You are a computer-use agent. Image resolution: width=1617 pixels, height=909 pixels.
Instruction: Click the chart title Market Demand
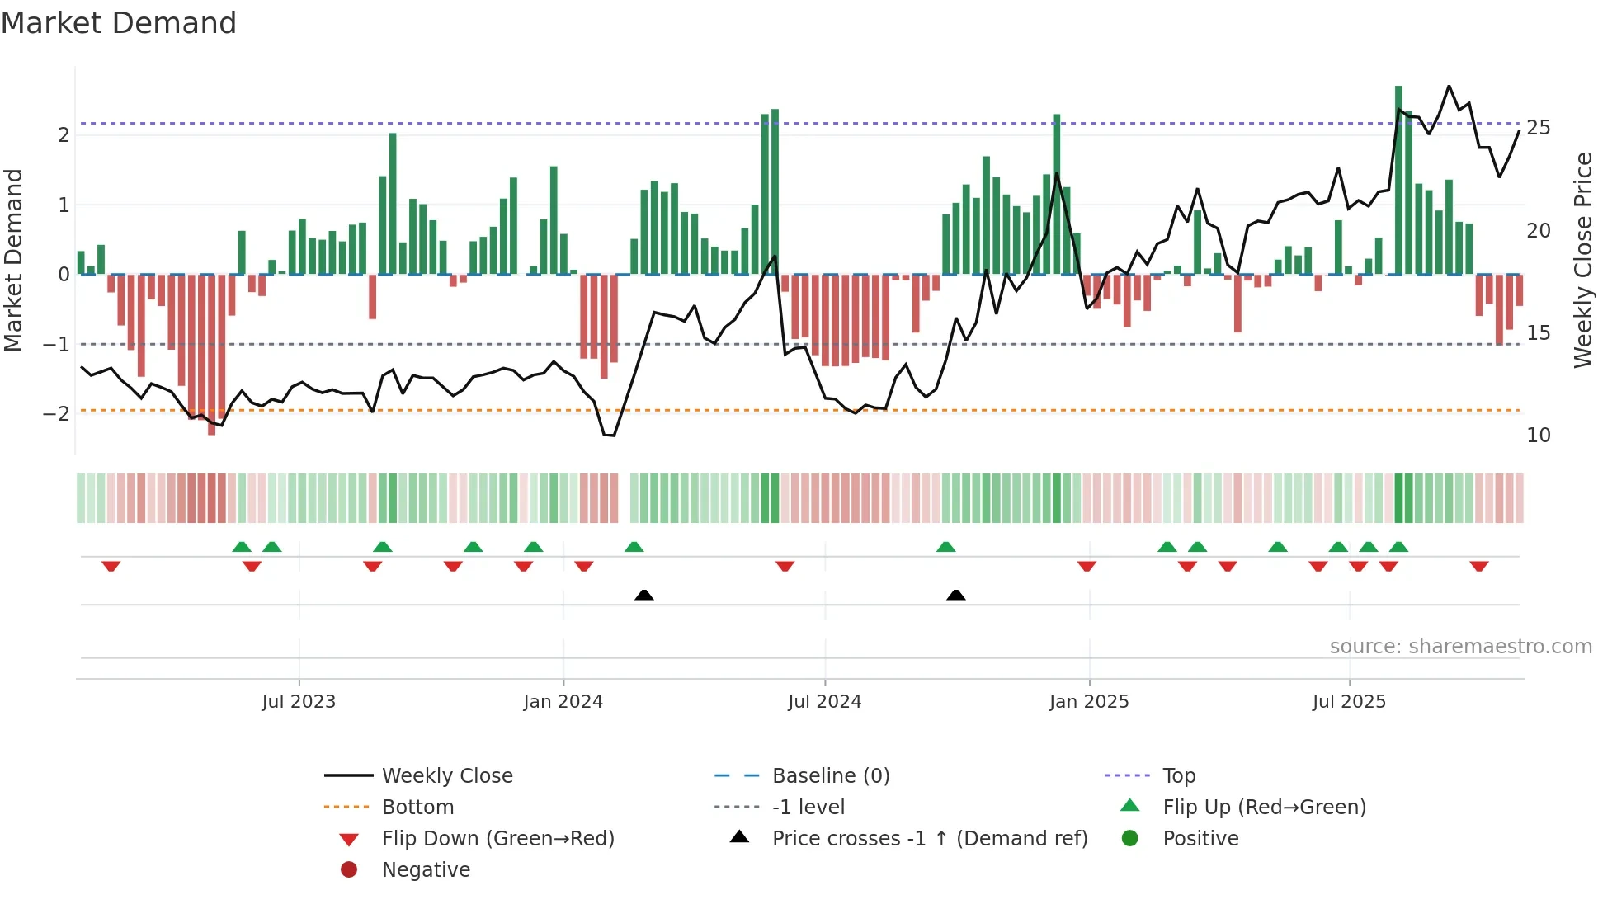point(119,23)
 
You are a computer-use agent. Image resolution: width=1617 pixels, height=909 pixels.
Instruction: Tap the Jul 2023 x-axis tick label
point(299,702)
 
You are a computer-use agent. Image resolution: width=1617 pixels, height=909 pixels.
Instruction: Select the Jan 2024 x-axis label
point(563,702)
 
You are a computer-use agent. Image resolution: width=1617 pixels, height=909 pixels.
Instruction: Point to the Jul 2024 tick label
point(825,702)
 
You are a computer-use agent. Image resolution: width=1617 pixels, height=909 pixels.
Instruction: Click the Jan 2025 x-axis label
point(1089,702)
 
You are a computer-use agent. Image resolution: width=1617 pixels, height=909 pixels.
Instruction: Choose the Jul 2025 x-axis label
point(1350,702)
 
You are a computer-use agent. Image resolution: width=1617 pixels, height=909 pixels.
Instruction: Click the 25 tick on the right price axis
point(1539,128)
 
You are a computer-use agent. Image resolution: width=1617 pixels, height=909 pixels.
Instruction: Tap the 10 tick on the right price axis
point(1539,436)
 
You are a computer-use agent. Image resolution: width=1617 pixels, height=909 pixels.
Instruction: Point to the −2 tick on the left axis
point(56,413)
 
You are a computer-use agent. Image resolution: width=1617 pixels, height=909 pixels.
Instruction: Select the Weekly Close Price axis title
point(1583,260)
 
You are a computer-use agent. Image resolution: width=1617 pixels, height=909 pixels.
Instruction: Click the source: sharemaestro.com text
point(1460,647)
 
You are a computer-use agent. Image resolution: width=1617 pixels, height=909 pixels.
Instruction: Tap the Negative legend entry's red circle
point(349,870)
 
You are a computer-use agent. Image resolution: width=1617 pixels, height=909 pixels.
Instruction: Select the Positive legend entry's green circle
point(1130,839)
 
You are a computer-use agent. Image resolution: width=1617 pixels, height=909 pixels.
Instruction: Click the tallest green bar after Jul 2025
point(1399,181)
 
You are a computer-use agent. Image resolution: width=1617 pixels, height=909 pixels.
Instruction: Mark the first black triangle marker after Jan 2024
point(644,595)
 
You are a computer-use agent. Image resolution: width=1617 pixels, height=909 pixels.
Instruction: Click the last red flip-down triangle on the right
point(1479,566)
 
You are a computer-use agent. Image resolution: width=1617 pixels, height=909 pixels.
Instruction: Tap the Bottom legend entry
point(417,808)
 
